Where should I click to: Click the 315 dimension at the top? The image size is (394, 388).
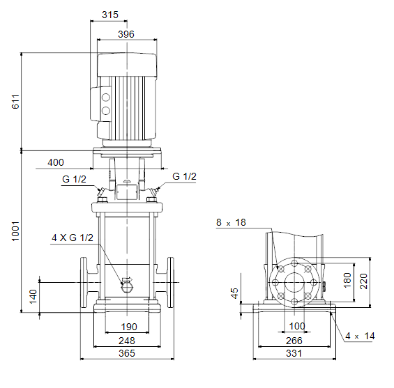pyautogui.click(x=110, y=15)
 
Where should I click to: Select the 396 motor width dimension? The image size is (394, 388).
pyautogui.click(x=126, y=34)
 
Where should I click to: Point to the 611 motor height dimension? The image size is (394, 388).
pyautogui.click(x=15, y=102)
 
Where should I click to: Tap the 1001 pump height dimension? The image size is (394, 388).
pyautogui.click(x=15, y=231)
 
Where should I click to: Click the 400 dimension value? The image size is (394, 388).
pyautogui.click(x=56, y=162)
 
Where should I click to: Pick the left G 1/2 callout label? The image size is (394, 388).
pyautogui.click(x=74, y=179)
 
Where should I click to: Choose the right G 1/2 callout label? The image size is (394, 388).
pyautogui.click(x=184, y=176)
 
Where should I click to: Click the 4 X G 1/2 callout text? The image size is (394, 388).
pyautogui.click(x=73, y=238)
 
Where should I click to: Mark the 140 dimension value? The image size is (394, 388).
pyautogui.click(x=33, y=297)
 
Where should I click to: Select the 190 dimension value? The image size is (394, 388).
pyautogui.click(x=129, y=327)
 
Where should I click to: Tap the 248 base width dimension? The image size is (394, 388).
pyautogui.click(x=127, y=341)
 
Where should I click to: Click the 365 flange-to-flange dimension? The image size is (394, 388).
pyautogui.click(x=127, y=353)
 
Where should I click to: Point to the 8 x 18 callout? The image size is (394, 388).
pyautogui.click(x=231, y=222)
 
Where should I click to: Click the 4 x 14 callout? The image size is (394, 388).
pyautogui.click(x=360, y=336)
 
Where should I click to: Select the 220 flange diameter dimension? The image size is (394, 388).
pyautogui.click(x=363, y=281)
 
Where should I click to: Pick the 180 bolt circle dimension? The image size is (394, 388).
pyautogui.click(x=347, y=280)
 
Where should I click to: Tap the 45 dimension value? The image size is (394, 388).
pyautogui.click(x=234, y=293)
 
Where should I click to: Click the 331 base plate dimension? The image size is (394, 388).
pyautogui.click(x=294, y=353)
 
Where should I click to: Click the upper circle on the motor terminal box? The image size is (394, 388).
pyautogui.click(x=106, y=98)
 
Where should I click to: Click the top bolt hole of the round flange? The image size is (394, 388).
pyautogui.click(x=294, y=263)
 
